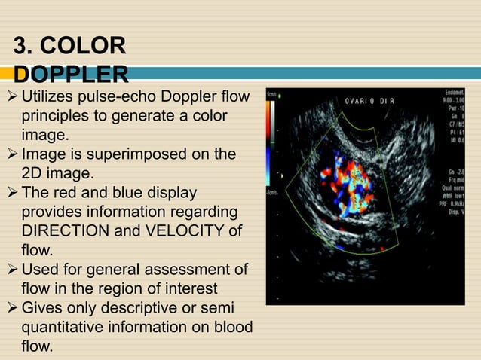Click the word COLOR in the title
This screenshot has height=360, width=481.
(86, 47)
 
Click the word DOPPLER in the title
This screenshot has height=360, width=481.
(69, 74)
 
